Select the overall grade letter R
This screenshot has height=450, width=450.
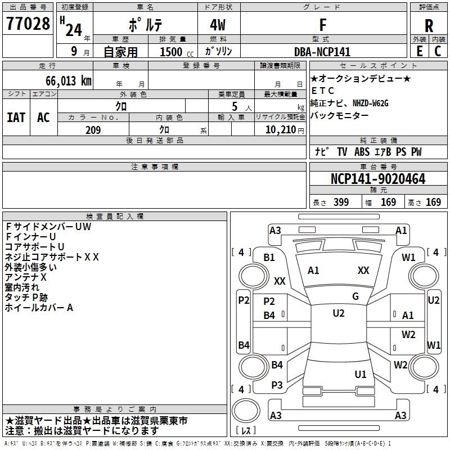click(x=429, y=25)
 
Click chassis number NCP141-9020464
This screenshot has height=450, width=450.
click(x=377, y=179)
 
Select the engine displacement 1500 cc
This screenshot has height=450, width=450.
click(x=172, y=52)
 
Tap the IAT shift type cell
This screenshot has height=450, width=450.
click(x=16, y=118)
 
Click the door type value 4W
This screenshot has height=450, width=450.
click(x=218, y=25)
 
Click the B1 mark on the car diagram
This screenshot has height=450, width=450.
click(x=269, y=258)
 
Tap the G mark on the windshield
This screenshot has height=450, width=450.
click(x=355, y=296)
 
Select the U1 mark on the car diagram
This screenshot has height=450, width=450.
click(x=361, y=374)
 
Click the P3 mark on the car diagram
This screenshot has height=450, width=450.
click(x=277, y=385)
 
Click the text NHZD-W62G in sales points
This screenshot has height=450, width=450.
click(x=371, y=103)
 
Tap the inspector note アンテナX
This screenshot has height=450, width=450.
click(x=26, y=277)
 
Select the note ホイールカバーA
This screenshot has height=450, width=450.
click(x=39, y=308)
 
